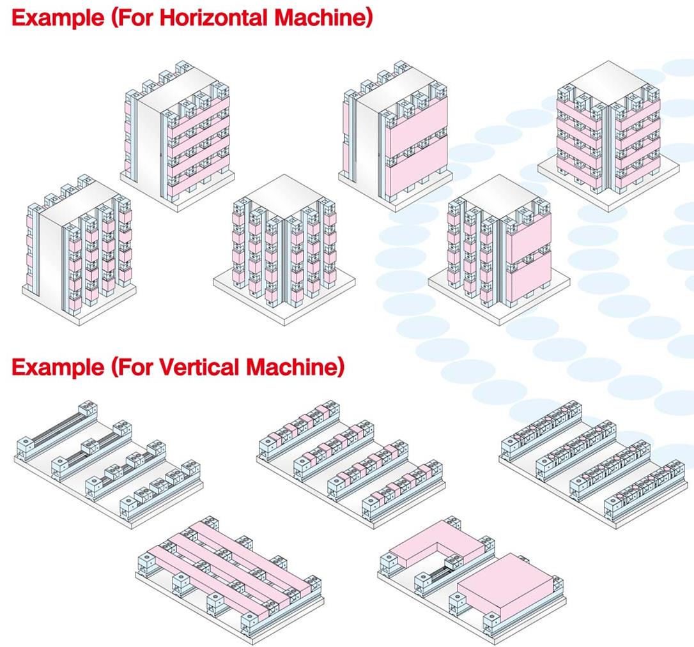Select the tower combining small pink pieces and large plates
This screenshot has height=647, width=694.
[498, 246]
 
